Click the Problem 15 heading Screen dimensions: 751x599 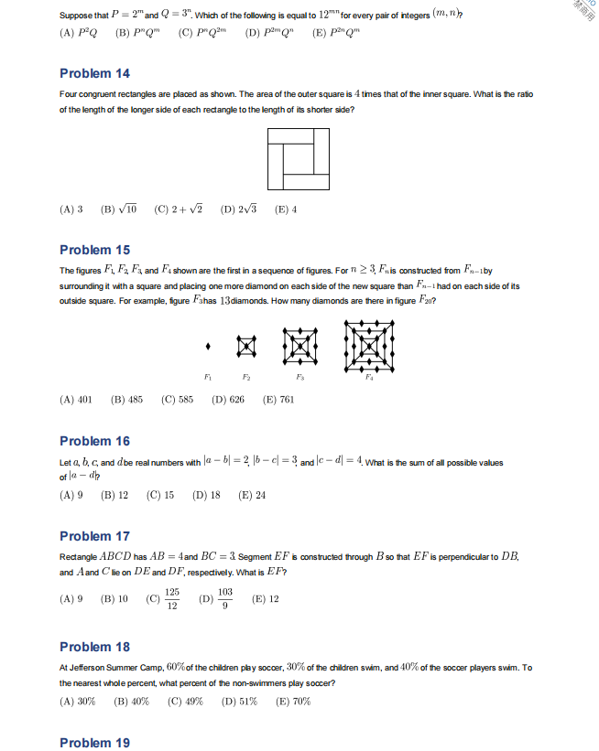pyautogui.click(x=94, y=250)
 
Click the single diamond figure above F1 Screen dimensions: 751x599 pyautogui.click(x=210, y=346)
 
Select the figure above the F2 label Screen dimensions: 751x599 pyautogui.click(x=246, y=346)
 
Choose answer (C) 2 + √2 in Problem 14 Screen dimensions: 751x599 pyautogui.click(x=179, y=209)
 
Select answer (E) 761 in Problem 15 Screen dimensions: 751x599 pyautogui.click(x=278, y=400)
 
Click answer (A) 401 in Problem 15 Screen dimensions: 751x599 pyautogui.click(x=76, y=400)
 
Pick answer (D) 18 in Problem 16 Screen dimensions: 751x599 pyautogui.click(x=206, y=496)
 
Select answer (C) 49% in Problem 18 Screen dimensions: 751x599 pyautogui.click(x=186, y=702)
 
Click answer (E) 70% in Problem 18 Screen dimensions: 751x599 pyautogui.click(x=293, y=702)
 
